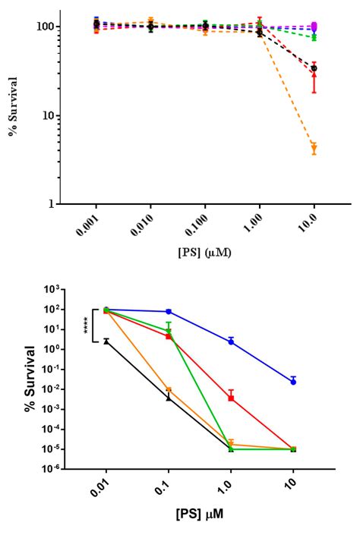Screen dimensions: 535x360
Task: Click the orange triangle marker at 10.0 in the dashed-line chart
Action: coord(314,148)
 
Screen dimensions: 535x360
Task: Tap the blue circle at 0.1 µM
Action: coord(169,312)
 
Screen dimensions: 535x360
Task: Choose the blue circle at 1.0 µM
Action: coord(231,341)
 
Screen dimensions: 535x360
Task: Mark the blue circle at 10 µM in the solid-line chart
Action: coord(293,382)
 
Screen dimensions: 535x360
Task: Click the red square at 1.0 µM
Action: coord(231,398)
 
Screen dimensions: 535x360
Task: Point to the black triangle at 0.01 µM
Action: coord(106,341)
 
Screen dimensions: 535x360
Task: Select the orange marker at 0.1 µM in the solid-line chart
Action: coord(169,390)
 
